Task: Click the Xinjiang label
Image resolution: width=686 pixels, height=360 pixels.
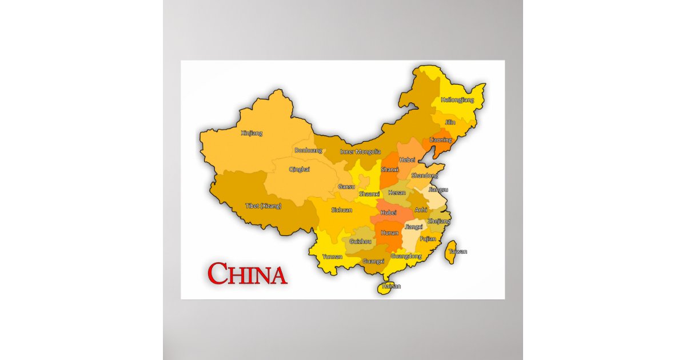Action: pyautogui.click(x=252, y=133)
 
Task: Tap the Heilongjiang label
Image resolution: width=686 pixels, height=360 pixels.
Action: pyautogui.click(x=457, y=100)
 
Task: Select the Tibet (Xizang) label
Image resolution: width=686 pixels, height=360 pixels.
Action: pyautogui.click(x=263, y=205)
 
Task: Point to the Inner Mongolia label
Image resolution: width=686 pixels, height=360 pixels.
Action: pyautogui.click(x=360, y=151)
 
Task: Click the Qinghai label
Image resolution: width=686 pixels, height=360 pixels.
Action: pyautogui.click(x=300, y=169)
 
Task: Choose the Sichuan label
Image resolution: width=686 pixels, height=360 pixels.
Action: pyautogui.click(x=341, y=210)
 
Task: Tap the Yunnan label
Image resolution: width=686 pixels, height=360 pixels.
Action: pyautogui.click(x=332, y=257)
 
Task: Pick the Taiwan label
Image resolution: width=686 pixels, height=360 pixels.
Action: pyautogui.click(x=457, y=251)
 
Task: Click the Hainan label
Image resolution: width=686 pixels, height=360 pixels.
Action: pyautogui.click(x=391, y=286)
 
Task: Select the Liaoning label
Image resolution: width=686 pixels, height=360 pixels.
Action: pyautogui.click(x=440, y=139)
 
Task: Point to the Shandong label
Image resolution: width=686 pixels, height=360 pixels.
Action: pyautogui.click(x=424, y=175)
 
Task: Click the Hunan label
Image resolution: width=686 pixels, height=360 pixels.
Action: pyautogui.click(x=389, y=233)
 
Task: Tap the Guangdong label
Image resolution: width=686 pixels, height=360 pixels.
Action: pyautogui.click(x=406, y=256)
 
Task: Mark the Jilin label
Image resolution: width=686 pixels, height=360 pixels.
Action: pyautogui.click(x=450, y=122)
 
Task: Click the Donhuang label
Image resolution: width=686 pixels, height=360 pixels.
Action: pyautogui.click(x=308, y=150)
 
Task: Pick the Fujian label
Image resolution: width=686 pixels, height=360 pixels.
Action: pyautogui.click(x=428, y=239)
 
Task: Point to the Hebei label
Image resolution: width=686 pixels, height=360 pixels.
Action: pyautogui.click(x=407, y=159)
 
